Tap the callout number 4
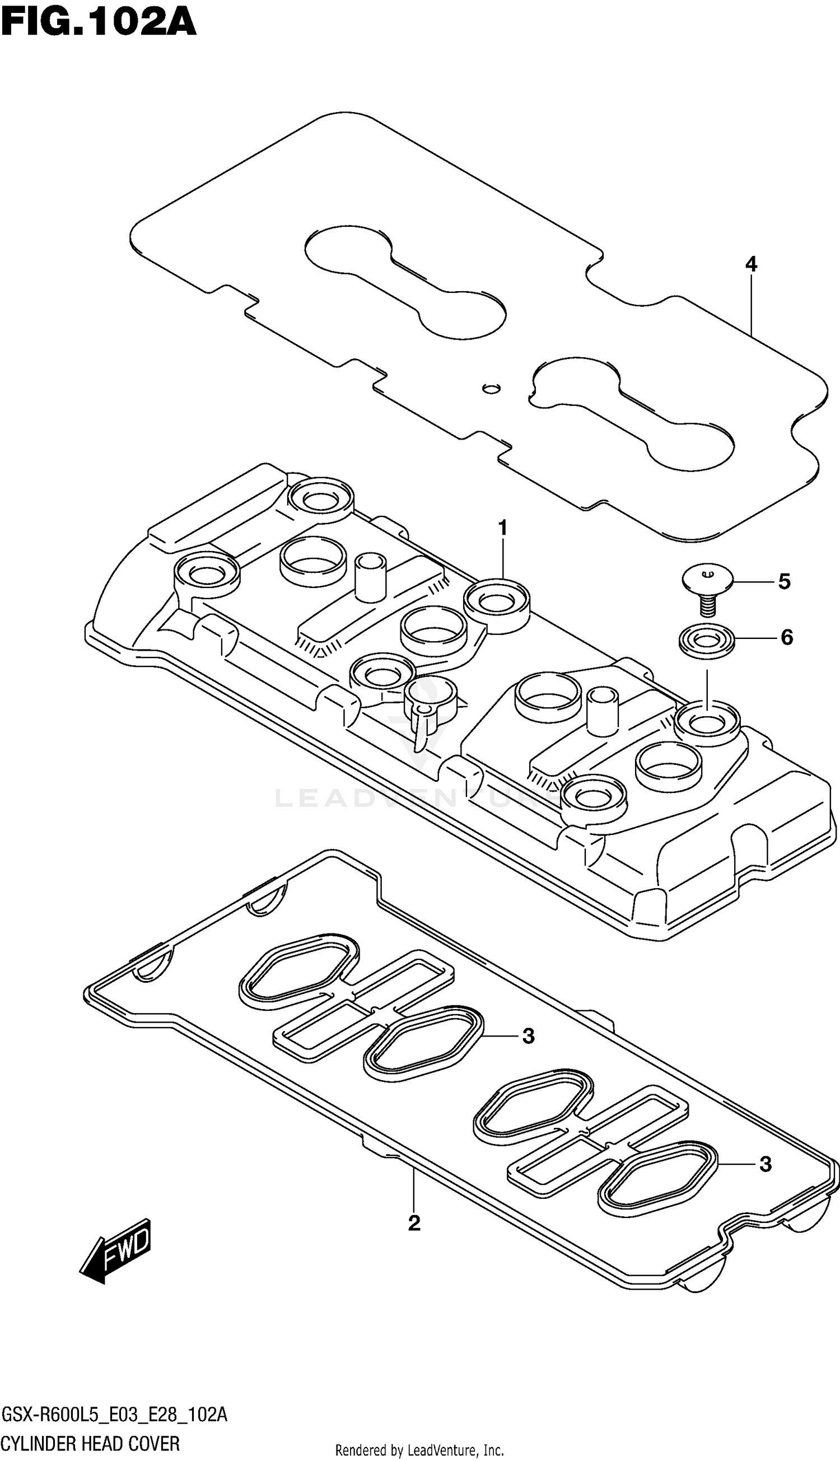(750, 264)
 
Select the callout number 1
(502, 528)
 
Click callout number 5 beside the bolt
(784, 581)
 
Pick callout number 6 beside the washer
(787, 637)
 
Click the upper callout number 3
(529, 1037)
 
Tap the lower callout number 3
(765, 1165)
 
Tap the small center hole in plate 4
(491, 388)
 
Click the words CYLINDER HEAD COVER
(91, 1444)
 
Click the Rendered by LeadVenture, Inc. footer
(419, 1450)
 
